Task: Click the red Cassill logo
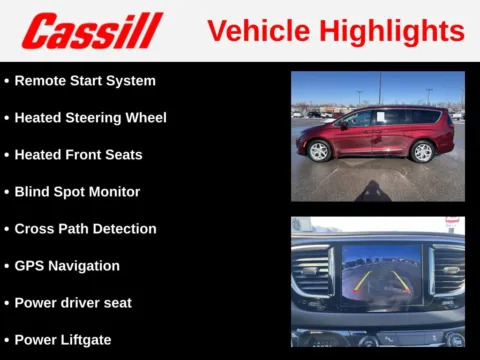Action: [x=92, y=30]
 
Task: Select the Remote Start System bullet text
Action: [x=84, y=80]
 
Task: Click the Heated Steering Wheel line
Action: [x=90, y=117]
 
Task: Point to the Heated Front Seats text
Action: [x=78, y=154]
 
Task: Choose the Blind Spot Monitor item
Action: [x=77, y=191]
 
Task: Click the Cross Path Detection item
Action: [x=85, y=228]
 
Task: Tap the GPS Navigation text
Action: [x=67, y=265]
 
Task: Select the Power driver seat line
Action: [x=73, y=302]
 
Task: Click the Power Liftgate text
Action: [x=63, y=339]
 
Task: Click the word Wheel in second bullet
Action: [x=145, y=117]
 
